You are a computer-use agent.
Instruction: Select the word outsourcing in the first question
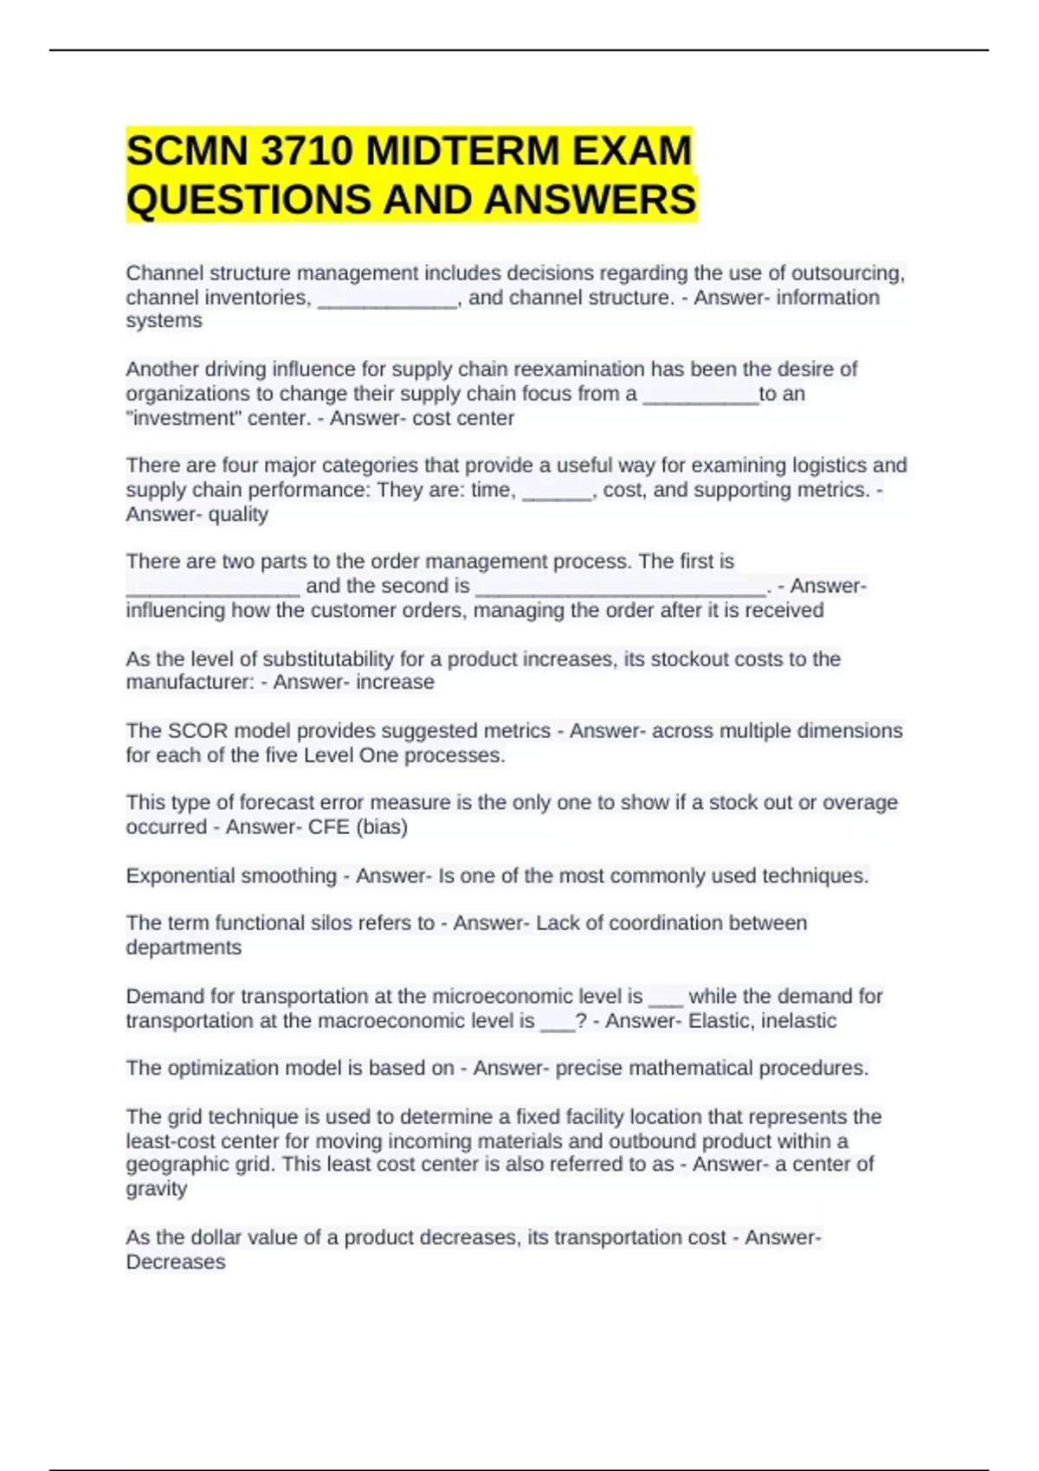click(836, 273)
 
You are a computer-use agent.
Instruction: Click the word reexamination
click(579, 369)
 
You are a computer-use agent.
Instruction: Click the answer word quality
click(238, 514)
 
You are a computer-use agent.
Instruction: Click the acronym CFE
click(328, 827)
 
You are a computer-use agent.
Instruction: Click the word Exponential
click(187, 876)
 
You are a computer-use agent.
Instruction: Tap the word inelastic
click(799, 1021)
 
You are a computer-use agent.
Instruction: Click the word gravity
click(157, 1189)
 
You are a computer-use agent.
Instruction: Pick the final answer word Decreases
click(176, 1262)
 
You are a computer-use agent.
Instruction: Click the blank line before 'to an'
click(700, 397)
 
